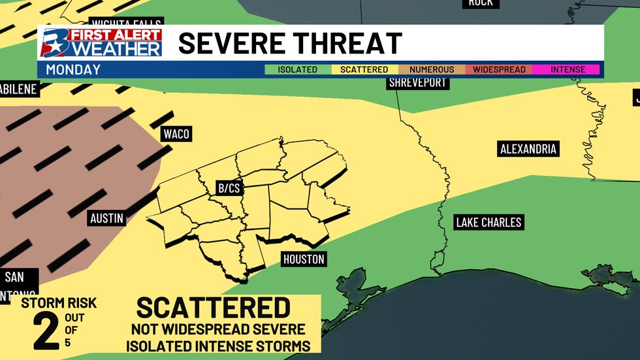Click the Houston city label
[x=304, y=259]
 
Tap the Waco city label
[x=176, y=134]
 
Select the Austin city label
[x=106, y=218]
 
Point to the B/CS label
[x=229, y=188]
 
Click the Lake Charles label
[x=488, y=223]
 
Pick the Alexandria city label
[x=528, y=149]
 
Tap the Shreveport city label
[x=417, y=83]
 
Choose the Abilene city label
[x=19, y=89]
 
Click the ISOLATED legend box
[x=298, y=69]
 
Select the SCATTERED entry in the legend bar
[x=365, y=69]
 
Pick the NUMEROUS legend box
[x=432, y=69]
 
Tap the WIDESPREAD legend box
[x=499, y=69]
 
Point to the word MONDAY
[x=74, y=69]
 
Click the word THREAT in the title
[x=344, y=43]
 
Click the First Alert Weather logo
[x=101, y=43]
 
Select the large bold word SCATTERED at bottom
[x=213, y=308]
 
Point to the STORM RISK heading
[x=59, y=303]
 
